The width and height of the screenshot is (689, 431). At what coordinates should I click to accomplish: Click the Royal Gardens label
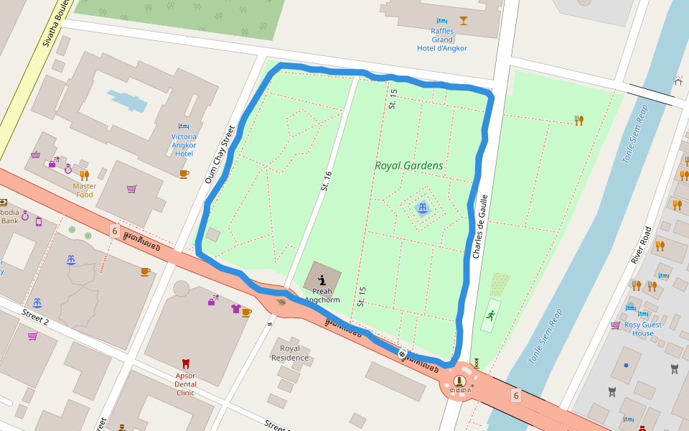click(408, 165)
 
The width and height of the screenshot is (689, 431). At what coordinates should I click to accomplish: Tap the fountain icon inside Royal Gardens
click(423, 208)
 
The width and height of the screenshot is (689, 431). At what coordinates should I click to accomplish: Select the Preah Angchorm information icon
click(322, 280)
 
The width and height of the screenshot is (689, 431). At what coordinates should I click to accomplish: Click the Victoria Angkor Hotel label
click(184, 144)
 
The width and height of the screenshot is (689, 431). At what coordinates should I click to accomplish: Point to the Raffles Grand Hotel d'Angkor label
click(442, 40)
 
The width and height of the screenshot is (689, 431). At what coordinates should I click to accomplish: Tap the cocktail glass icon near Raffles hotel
click(464, 20)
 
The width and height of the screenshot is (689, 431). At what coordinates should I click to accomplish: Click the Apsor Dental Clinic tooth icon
click(185, 363)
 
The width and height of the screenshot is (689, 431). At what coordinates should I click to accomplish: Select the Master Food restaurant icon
click(85, 175)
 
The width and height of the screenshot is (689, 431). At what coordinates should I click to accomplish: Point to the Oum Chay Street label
click(220, 154)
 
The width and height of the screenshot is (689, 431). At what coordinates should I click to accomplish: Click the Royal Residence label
click(290, 353)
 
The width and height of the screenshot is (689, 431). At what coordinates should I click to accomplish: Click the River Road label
click(640, 245)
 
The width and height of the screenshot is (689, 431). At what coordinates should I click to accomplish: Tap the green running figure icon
click(490, 315)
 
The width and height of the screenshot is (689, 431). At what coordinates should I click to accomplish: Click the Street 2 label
click(35, 318)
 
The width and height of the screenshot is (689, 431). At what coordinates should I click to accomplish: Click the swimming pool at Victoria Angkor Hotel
click(127, 101)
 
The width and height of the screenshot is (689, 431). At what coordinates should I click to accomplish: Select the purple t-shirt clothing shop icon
click(236, 309)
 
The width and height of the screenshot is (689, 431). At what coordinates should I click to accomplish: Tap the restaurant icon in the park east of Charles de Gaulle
click(578, 120)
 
